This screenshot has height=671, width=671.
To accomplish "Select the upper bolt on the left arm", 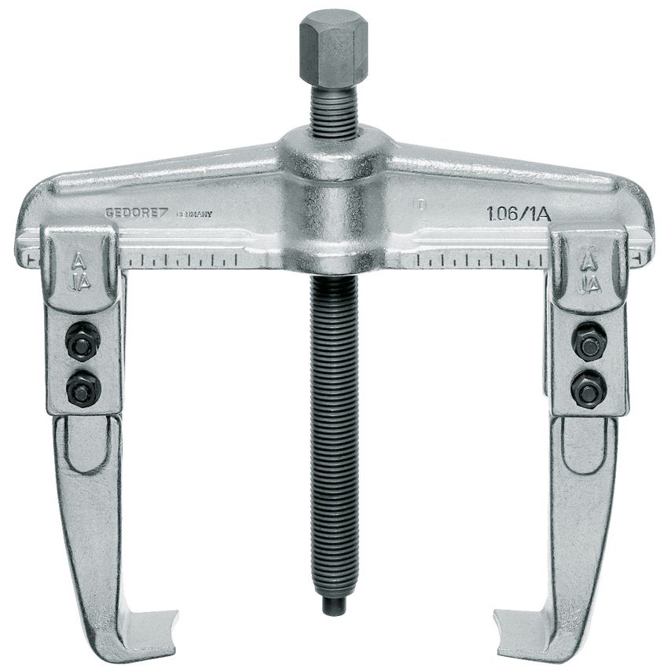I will pos(79,342).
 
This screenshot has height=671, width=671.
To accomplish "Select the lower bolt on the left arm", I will pos(81,386).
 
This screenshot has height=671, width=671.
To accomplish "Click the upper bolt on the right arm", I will pos(588,343).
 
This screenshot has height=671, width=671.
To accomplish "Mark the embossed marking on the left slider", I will pos(79,272).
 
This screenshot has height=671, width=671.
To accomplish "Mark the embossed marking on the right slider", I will pos(589,272).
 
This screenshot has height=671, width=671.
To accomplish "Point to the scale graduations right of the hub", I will pos(479,258).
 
